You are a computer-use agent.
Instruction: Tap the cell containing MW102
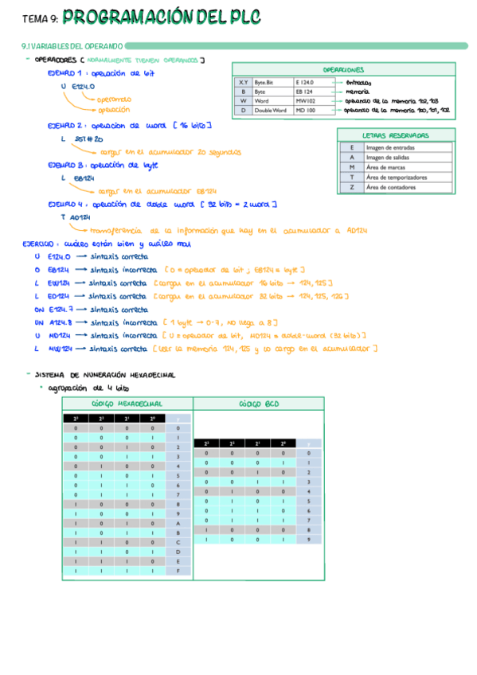305,101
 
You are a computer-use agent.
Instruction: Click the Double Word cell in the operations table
270,111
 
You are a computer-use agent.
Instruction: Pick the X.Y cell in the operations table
243,82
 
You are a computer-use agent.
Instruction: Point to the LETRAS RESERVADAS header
395,135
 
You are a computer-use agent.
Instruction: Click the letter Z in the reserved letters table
351,187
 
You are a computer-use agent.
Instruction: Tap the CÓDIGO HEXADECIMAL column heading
127,404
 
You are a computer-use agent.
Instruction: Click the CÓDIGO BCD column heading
259,404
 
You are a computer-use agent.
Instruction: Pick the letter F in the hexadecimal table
178,571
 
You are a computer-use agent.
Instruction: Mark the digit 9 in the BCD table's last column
308,539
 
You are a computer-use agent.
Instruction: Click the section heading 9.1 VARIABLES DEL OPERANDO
72,46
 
